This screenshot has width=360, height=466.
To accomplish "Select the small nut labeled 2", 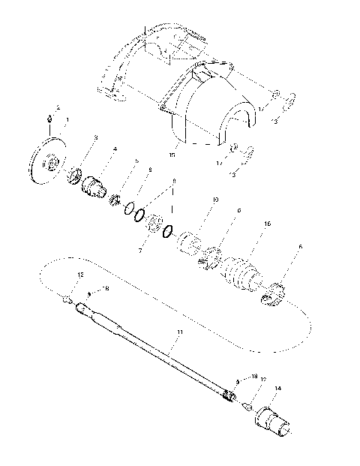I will (x=49, y=118).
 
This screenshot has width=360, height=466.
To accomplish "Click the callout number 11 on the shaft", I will (x=179, y=331).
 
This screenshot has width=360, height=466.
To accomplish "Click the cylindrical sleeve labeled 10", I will (x=189, y=243).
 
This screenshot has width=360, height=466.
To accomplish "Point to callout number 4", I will (x=114, y=149).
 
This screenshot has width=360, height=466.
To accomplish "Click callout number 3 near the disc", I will (x=95, y=137).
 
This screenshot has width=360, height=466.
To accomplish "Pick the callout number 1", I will (x=67, y=119).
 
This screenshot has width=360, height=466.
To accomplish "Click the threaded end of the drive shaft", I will (x=229, y=394).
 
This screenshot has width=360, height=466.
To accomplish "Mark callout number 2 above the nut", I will (x=58, y=108).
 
